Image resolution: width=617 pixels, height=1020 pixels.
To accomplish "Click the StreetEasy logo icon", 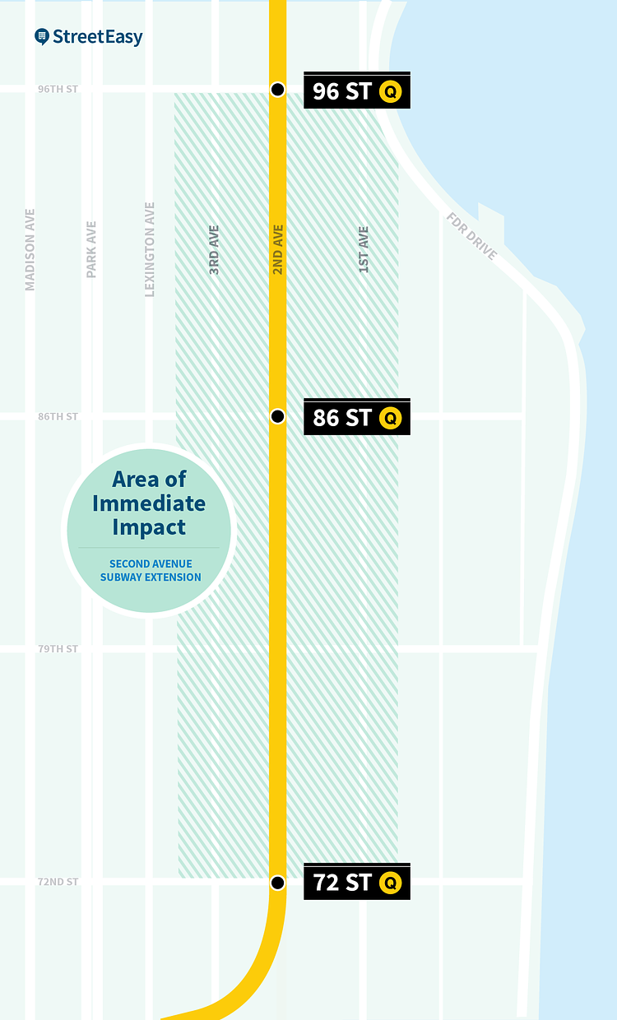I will pyautogui.click(x=42, y=37).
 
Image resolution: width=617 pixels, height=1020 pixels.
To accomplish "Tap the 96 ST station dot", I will pyautogui.click(x=278, y=89).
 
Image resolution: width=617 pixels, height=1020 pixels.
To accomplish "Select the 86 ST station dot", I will pyautogui.click(x=278, y=416).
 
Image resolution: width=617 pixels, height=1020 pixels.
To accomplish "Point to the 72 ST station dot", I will pyautogui.click(x=278, y=883).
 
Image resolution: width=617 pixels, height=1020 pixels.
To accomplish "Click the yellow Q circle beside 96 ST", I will pyautogui.click(x=390, y=92).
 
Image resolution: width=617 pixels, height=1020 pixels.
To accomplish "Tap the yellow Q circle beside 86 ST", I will pyautogui.click(x=390, y=419).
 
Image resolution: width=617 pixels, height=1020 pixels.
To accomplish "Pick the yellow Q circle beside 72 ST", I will pyautogui.click(x=390, y=883).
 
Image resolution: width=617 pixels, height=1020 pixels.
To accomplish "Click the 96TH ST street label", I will pyautogui.click(x=58, y=89).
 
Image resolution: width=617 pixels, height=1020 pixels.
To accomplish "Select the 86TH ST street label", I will pyautogui.click(x=58, y=417).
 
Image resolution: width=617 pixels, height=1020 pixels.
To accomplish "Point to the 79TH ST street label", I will pyautogui.click(x=58, y=650).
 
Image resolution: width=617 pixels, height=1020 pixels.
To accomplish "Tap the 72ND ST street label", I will pyautogui.click(x=58, y=883).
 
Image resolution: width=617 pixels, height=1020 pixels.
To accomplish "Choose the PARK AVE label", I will pyautogui.click(x=91, y=249).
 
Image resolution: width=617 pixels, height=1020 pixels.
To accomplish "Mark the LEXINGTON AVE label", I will pyautogui.click(x=150, y=249).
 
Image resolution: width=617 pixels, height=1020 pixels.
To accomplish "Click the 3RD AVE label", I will pyautogui.click(x=214, y=249).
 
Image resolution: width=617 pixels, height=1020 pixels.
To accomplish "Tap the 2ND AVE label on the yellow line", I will pyautogui.click(x=278, y=249).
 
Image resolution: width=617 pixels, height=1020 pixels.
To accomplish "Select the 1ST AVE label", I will pyautogui.click(x=364, y=249).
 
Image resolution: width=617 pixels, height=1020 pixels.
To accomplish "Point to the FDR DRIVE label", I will pyautogui.click(x=472, y=236).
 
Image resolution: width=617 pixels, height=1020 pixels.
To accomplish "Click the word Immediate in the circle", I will pyautogui.click(x=149, y=503).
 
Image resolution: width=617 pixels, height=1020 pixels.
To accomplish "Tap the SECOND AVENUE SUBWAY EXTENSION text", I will pyautogui.click(x=150, y=571).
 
